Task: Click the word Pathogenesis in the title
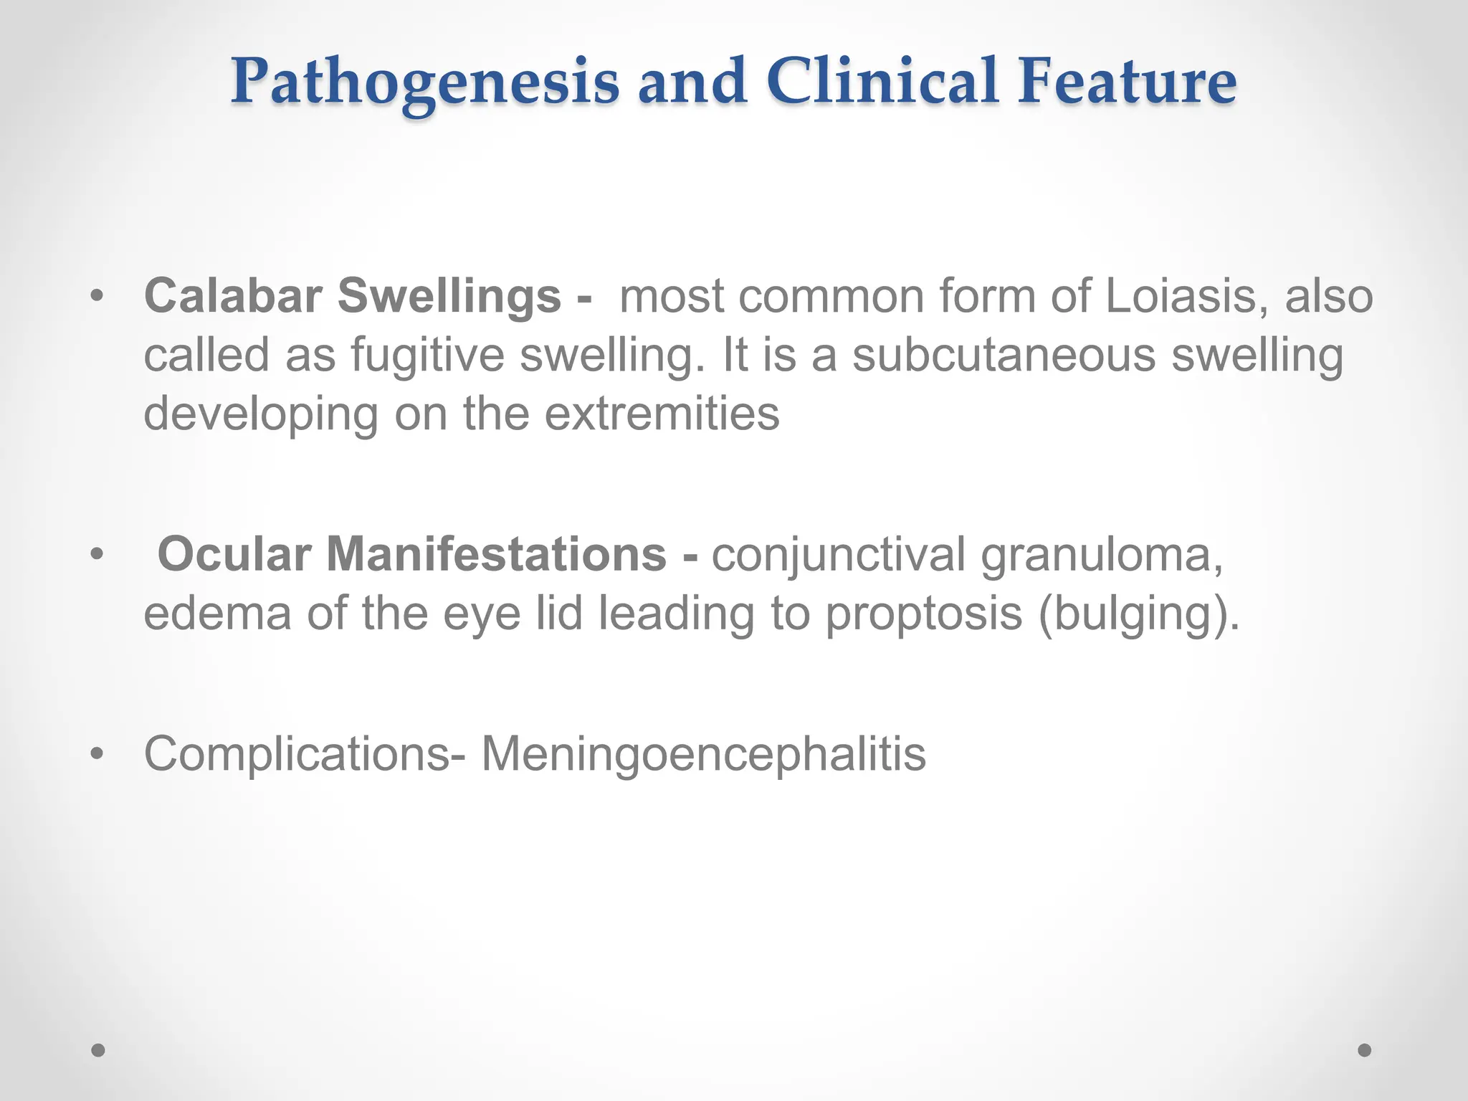pos(424,82)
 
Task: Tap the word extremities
pos(662,414)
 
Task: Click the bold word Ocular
pos(234,554)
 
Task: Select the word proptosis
pos(923,614)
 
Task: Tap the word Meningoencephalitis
pos(702,753)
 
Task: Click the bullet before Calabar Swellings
pos(97,296)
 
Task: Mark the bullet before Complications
pos(97,754)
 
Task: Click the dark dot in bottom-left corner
pos(98,1050)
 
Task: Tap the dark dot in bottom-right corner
pos(1365,1050)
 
